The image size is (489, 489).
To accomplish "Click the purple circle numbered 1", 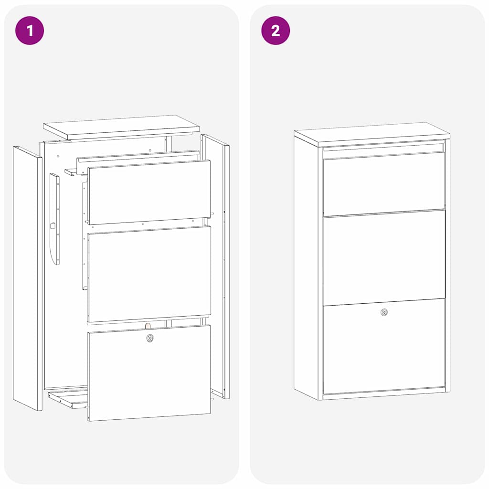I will tap(30, 31).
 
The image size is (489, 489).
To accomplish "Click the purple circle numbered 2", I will tap(276, 31).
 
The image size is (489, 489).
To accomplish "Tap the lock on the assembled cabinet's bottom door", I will tap(384, 312).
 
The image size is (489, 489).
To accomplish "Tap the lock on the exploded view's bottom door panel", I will tap(150, 338).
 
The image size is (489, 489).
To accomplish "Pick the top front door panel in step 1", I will tap(149, 192).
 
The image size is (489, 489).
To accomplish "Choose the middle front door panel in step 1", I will tap(149, 275).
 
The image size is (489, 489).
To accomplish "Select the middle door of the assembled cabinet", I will tap(384, 258).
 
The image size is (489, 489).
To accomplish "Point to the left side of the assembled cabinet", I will tap(307, 267).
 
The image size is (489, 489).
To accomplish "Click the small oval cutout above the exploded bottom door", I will tap(148, 325).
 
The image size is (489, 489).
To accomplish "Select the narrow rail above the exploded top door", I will tap(138, 157).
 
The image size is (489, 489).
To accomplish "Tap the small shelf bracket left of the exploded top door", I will tap(72, 171).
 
